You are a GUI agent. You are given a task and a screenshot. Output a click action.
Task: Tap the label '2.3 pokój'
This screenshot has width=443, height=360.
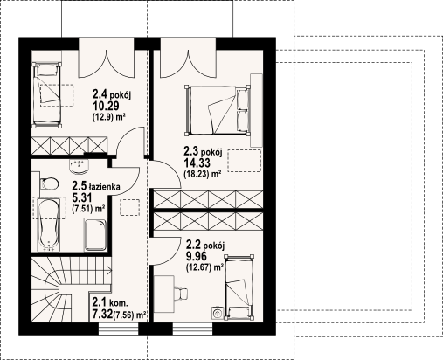click(x=204, y=150)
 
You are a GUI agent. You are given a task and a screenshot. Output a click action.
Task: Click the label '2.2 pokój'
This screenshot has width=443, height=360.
click(x=206, y=246)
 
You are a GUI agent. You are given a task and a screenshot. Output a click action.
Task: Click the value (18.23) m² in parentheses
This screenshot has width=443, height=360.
click(x=202, y=173)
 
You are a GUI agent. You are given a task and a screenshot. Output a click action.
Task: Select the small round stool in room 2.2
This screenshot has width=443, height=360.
click(x=217, y=310)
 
